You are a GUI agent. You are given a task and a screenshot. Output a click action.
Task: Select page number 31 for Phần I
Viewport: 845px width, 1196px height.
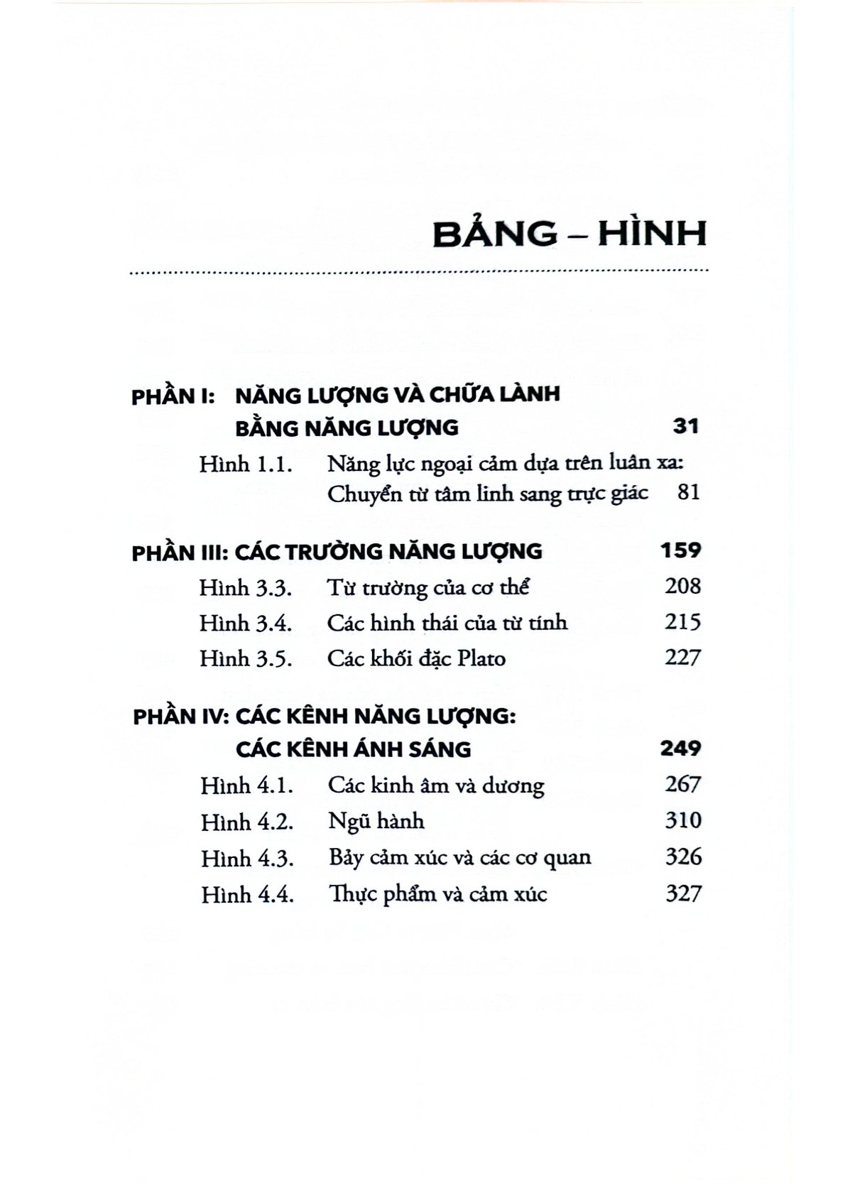(685, 426)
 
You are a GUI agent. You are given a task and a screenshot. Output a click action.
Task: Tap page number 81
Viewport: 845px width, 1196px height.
(689, 492)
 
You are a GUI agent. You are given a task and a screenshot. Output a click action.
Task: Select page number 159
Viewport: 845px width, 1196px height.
(680, 550)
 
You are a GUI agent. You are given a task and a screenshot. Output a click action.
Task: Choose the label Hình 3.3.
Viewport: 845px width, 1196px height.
(246, 588)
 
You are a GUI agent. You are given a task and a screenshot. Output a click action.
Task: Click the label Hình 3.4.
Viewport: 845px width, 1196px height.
(246, 624)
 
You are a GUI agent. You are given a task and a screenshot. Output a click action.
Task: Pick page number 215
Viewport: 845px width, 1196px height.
(682, 622)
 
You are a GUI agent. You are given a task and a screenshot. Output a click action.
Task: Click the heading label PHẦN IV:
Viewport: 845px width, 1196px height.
(179, 716)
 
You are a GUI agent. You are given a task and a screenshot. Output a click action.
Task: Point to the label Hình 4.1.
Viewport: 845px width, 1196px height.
(247, 786)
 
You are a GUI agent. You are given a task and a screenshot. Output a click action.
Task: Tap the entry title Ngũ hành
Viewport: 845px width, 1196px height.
(376, 822)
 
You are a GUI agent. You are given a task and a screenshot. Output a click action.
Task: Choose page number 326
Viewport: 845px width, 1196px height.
(683, 857)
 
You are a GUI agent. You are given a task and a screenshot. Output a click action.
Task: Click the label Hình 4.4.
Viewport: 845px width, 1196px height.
(247, 894)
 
